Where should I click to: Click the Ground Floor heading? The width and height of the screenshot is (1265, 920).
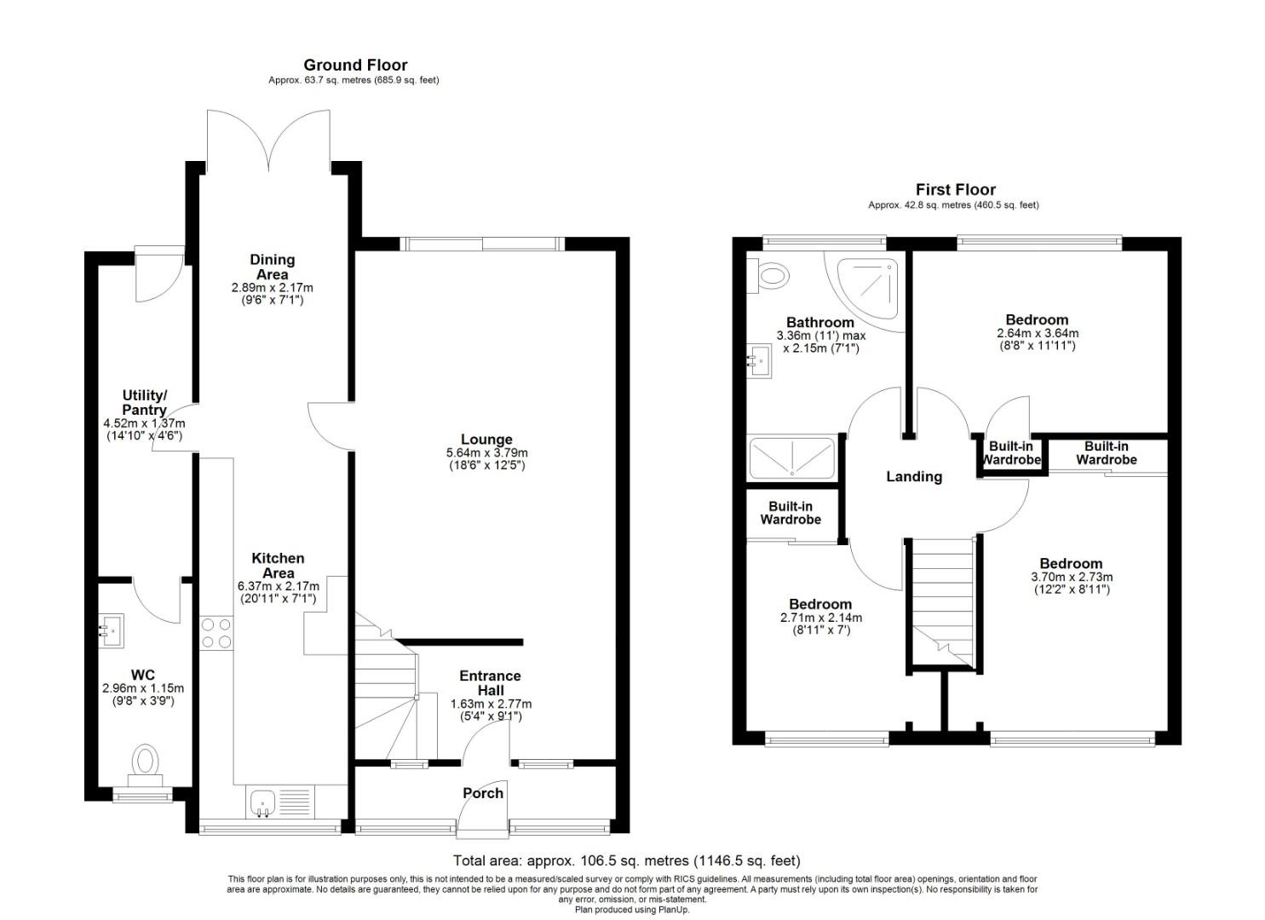coord(355,65)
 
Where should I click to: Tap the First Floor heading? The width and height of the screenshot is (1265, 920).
coord(955,190)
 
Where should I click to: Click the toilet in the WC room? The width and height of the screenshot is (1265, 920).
coord(146,762)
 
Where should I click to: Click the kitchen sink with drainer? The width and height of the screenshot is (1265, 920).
coord(280,802)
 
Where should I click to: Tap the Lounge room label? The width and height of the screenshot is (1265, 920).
coord(487,440)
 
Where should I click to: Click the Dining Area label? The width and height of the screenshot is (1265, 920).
coord(272,267)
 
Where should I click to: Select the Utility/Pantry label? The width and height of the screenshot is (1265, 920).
coord(144,403)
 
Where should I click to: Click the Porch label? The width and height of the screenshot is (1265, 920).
coord(483,793)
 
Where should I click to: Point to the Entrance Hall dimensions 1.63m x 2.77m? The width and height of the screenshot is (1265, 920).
coord(490,704)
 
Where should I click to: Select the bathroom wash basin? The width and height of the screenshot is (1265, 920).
coord(757,360)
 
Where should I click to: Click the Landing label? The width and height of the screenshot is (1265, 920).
coord(914,477)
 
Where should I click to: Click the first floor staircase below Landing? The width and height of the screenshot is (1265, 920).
coord(941,600)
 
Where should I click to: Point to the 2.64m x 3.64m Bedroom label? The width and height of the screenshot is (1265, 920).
coord(1037,333)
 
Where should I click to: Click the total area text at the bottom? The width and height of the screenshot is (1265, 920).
coord(626,861)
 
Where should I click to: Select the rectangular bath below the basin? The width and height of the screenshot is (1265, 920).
coord(791,457)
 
